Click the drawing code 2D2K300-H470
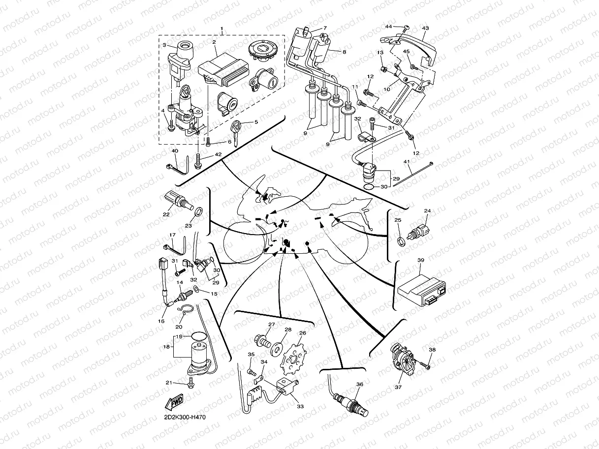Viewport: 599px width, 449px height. click(x=186, y=418)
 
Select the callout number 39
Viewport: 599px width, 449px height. click(x=420, y=260)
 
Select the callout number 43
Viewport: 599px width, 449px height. click(x=426, y=28)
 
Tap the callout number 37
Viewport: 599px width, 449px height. click(x=398, y=387)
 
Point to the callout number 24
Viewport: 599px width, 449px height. click(x=427, y=211)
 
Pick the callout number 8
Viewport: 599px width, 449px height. click(x=344, y=52)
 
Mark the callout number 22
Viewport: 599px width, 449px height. click(x=166, y=214)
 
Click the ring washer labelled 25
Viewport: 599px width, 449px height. click(x=401, y=240)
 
